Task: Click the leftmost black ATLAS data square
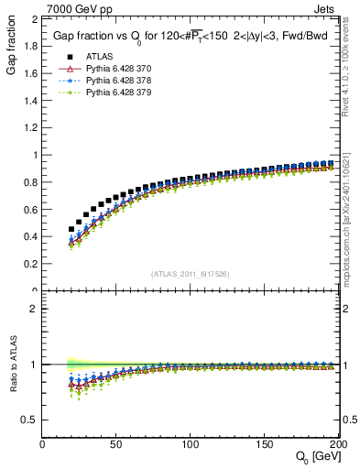[x=72, y=229]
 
